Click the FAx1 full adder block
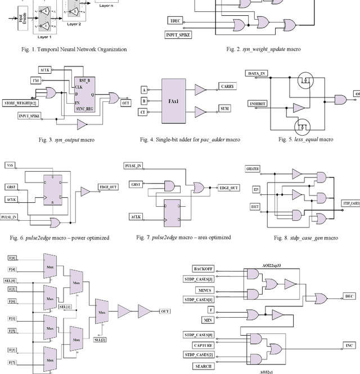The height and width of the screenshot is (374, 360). click(177, 100)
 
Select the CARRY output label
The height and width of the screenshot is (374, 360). click(227, 86)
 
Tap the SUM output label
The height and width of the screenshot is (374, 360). click(225, 108)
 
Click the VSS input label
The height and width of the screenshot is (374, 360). click(10, 165)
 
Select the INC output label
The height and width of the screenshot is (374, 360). click(348, 345)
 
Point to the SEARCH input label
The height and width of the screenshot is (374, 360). click(202, 366)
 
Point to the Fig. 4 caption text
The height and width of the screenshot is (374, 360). click(187, 139)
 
